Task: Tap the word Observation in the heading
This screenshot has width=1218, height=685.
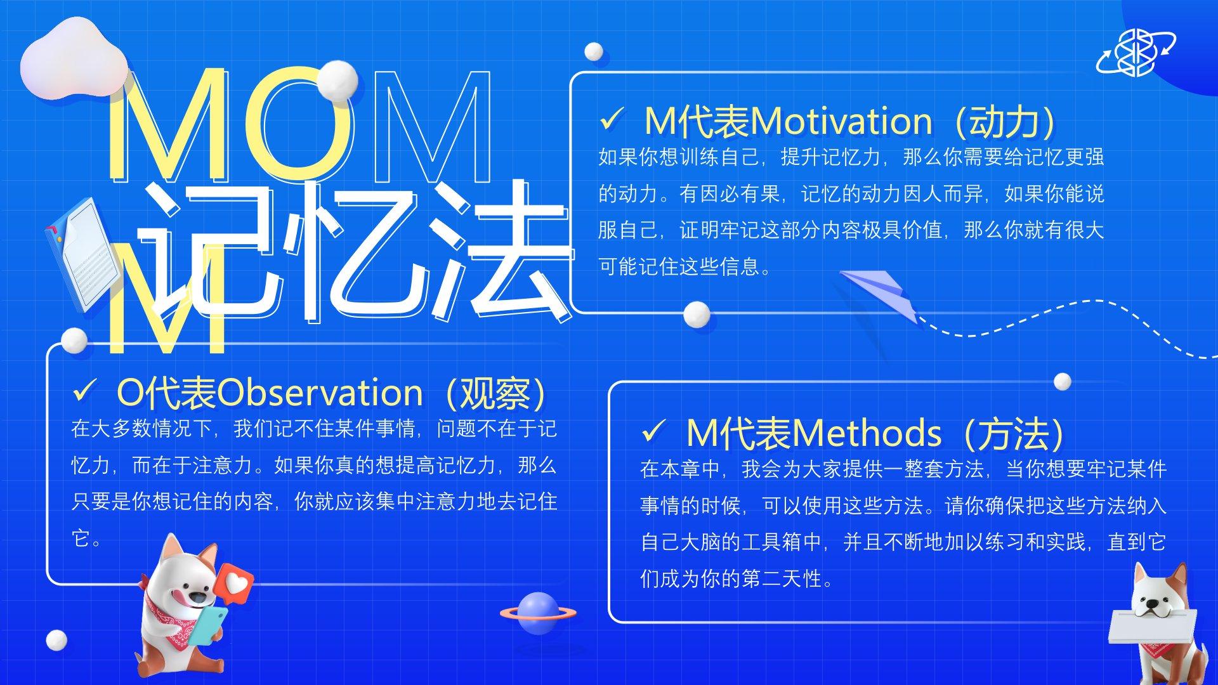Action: point(320,393)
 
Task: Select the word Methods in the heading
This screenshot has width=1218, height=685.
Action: point(866,433)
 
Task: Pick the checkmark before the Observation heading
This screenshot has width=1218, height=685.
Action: point(85,391)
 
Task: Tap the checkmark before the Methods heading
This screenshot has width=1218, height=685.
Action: point(653,431)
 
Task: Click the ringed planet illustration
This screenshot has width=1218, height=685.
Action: point(538,613)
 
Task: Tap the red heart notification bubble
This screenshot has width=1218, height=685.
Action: point(235,583)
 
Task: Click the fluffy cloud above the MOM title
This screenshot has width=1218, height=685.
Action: point(74,60)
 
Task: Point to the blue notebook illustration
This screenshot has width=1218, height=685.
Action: point(81,254)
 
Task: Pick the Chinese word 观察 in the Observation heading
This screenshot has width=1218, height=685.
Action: point(495,393)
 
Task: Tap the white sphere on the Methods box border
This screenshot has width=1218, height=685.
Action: point(1063,382)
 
